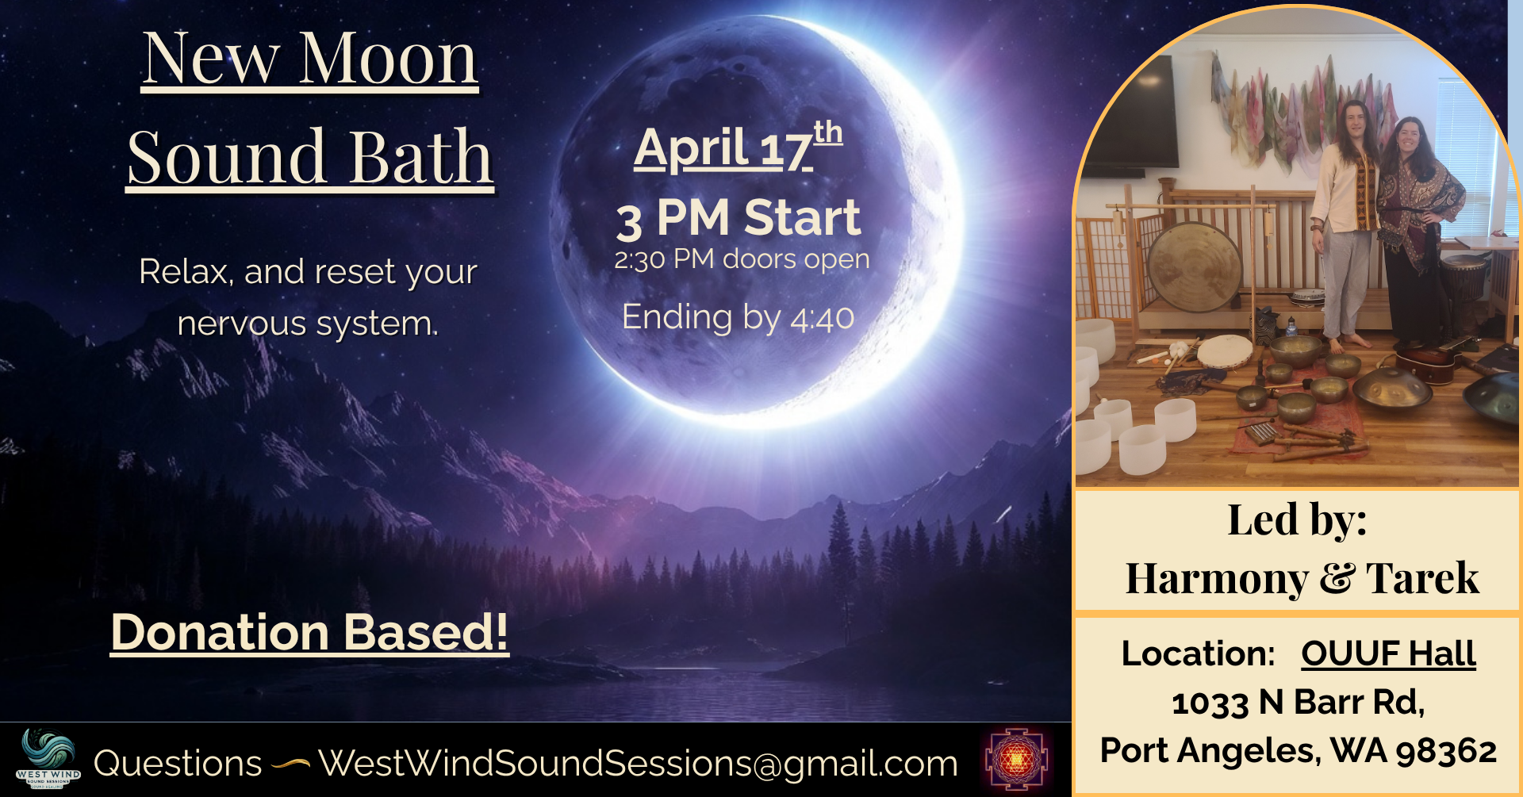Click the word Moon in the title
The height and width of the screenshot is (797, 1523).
[388, 59]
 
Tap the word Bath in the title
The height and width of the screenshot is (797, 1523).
[421, 157]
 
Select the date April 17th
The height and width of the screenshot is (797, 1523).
[737, 148]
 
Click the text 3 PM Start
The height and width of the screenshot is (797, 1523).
[738, 218]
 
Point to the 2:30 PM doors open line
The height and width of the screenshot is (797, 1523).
[742, 259]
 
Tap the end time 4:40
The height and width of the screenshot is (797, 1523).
[822, 319]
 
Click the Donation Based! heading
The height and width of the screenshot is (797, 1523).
[309, 633]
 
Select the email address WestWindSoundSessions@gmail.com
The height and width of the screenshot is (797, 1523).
[638, 764]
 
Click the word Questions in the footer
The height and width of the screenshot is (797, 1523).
[178, 764]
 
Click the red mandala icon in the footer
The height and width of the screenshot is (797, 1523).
[1016, 760]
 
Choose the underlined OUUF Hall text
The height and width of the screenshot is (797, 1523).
[1388, 654]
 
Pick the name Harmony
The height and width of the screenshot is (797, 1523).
[1217, 578]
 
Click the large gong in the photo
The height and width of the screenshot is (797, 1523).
[1194, 266]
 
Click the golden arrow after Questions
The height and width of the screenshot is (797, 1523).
[290, 764]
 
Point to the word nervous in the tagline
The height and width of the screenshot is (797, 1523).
[242, 324]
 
